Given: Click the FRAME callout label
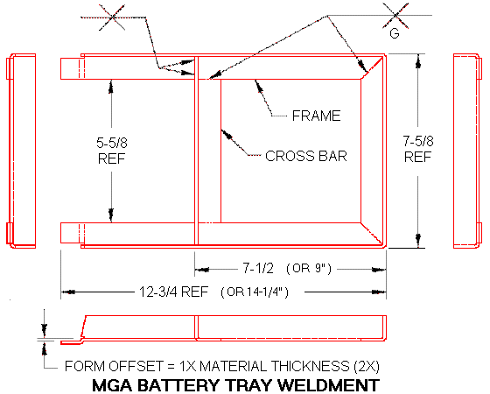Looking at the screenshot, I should click(317, 116).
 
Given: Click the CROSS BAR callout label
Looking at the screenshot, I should click(306, 157).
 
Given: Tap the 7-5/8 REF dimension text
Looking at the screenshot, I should click(417, 148).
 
